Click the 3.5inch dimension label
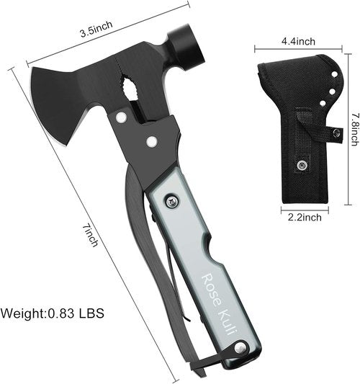click(96, 29)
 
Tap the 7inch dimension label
click(90, 236)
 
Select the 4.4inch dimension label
click(298, 41)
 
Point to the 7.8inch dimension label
click(355, 129)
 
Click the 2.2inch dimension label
click(305, 217)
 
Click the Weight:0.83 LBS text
click(52, 313)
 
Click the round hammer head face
click(186, 48)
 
